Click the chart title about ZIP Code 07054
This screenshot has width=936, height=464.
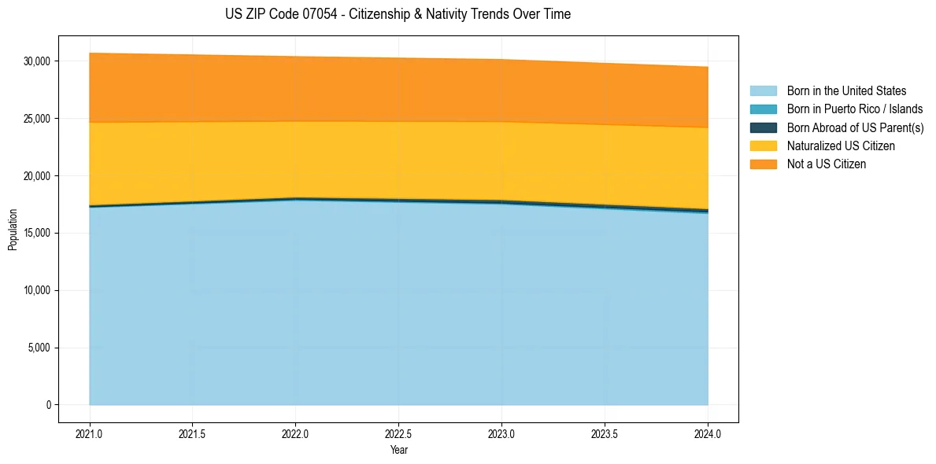pyautogui.click(x=398, y=14)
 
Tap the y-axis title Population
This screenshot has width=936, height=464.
pyautogui.click(x=13, y=230)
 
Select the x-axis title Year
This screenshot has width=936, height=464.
pyautogui.click(x=398, y=450)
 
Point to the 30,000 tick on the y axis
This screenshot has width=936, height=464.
pyautogui.click(x=36, y=61)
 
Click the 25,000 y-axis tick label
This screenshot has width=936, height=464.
pyautogui.click(x=36, y=119)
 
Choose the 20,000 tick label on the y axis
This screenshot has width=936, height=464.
pyautogui.click(x=36, y=176)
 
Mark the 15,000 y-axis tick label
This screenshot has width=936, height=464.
pyautogui.click(x=36, y=234)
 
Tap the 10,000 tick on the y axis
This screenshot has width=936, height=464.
pyautogui.click(x=36, y=291)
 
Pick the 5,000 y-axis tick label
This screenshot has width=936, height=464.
pyautogui.click(x=39, y=348)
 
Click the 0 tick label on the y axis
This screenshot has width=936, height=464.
pyautogui.click(x=47, y=405)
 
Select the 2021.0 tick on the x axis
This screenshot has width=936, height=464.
pyautogui.click(x=89, y=433)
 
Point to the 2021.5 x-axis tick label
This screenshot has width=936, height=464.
pyautogui.click(x=192, y=433)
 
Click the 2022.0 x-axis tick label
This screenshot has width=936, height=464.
pyautogui.click(x=295, y=433)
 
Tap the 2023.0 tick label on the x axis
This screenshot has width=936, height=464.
pyautogui.click(x=501, y=433)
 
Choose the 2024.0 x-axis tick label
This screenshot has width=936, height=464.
pyautogui.click(x=708, y=433)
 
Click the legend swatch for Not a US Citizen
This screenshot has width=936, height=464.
pyautogui.click(x=763, y=164)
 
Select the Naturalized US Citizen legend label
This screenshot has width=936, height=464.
pyautogui.click(x=841, y=146)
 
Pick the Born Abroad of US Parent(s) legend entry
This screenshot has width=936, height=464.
pyautogui.click(x=855, y=127)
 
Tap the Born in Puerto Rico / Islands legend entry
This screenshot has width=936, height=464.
pyautogui.click(x=854, y=109)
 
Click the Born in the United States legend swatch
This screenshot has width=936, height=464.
pyautogui.click(x=763, y=91)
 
